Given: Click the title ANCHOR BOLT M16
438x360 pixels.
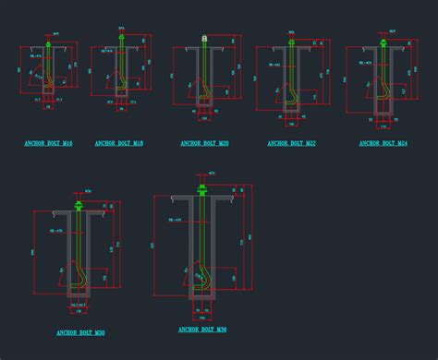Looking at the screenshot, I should (x=49, y=144).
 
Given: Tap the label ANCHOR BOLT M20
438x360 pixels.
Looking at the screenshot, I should (x=204, y=144).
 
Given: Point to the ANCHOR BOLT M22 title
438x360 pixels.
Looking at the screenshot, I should (x=291, y=144).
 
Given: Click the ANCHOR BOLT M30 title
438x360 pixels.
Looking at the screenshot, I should (x=79, y=332).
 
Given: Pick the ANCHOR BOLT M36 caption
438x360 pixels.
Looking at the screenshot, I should (x=201, y=330).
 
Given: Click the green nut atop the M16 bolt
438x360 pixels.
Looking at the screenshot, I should (x=49, y=42).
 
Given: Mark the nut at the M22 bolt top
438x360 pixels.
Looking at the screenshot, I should (x=291, y=42).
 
